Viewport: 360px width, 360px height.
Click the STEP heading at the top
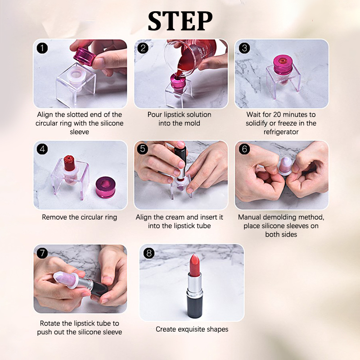(x=180, y=21)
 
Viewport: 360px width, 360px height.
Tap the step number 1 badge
(x=42, y=48)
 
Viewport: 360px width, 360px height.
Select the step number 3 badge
(x=244, y=48)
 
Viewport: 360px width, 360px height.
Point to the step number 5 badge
(x=143, y=148)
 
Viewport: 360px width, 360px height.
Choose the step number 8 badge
(x=149, y=253)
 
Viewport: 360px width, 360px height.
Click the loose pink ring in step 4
(x=105, y=187)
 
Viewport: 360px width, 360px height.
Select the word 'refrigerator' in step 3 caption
(x=281, y=132)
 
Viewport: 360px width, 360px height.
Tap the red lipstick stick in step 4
(x=69, y=163)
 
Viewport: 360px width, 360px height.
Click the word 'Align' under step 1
(x=45, y=115)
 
